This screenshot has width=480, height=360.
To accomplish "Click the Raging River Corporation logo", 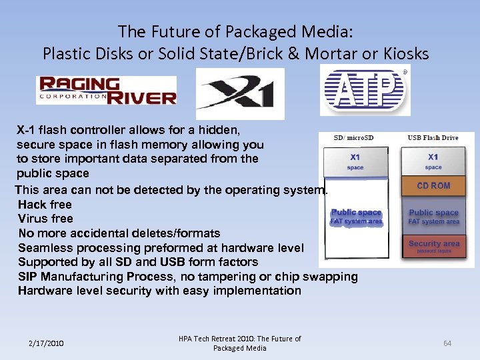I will coord(107,91).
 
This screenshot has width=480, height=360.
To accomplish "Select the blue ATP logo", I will coord(365,89).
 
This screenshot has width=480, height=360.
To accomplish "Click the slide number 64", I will coord(447,343).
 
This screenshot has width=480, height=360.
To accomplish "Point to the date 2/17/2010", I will coord(46,343).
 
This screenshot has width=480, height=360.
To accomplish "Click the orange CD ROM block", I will coord(433,186).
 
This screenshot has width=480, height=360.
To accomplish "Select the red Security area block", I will coord(433,246).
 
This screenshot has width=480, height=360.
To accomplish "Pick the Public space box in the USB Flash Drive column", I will coord(433,216).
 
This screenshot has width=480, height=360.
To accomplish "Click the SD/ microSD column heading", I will coord(354,138).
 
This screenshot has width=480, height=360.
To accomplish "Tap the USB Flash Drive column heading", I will coord(433,138).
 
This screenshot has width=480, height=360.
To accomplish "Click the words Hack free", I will coord(45,205).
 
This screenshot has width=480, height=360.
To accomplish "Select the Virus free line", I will coord(45,219).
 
